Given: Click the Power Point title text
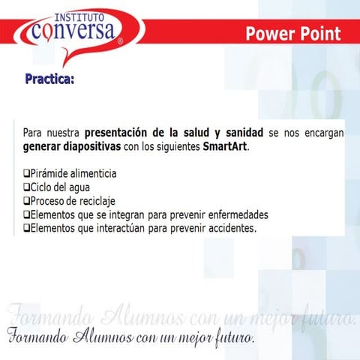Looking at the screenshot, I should (x=292, y=34).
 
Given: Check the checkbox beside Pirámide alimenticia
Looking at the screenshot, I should (x=26, y=174).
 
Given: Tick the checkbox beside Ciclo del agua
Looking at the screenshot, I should (x=26, y=187).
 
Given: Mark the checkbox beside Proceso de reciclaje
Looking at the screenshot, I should (x=26, y=201).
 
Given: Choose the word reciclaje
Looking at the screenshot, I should (x=96, y=201).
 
